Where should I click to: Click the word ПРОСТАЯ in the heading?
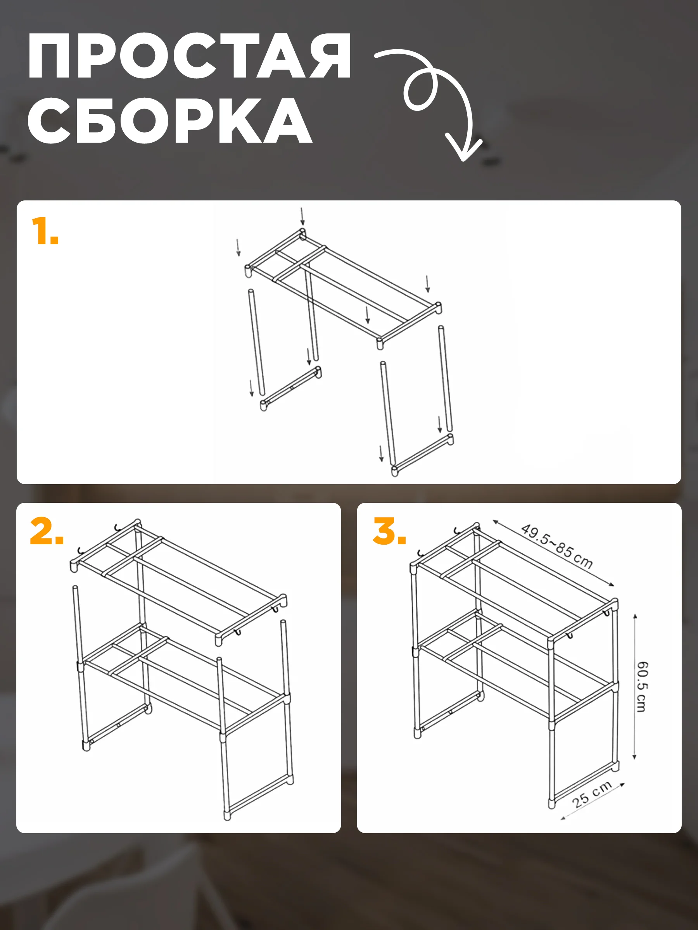pos(189,56)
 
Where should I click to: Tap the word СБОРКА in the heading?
pos(170,120)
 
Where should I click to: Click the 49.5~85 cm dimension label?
pos(557,546)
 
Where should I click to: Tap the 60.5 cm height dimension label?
pos(642,687)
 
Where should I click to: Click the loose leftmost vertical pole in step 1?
pos(256,342)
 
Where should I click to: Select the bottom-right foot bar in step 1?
pos(422,455)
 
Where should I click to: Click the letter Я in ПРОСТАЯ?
pos(330,56)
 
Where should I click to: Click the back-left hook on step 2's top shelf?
pos(117,526)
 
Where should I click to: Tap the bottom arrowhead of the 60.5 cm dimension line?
pos(634,757)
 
